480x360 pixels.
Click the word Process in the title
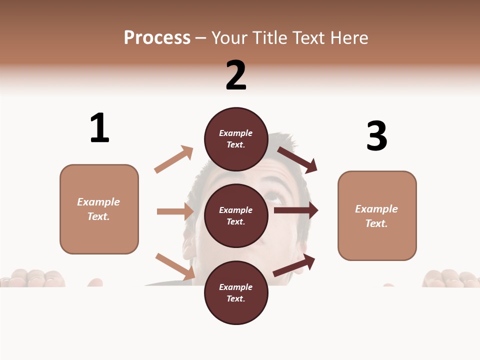point(157,38)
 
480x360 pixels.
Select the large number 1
point(99,128)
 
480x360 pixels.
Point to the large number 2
point(236,75)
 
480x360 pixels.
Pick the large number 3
point(377,136)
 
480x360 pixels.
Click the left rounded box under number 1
point(99,209)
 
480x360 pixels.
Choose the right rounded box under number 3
point(377,216)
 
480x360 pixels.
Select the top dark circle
point(236,139)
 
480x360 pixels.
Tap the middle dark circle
point(236,215)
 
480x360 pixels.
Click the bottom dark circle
point(236,292)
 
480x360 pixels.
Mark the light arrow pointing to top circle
point(174,159)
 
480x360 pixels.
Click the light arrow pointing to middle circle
point(175,211)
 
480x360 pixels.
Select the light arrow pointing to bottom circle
point(175,266)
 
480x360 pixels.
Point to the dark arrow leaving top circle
point(297,159)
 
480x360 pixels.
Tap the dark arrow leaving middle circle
point(296,210)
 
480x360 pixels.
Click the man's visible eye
point(274,196)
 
